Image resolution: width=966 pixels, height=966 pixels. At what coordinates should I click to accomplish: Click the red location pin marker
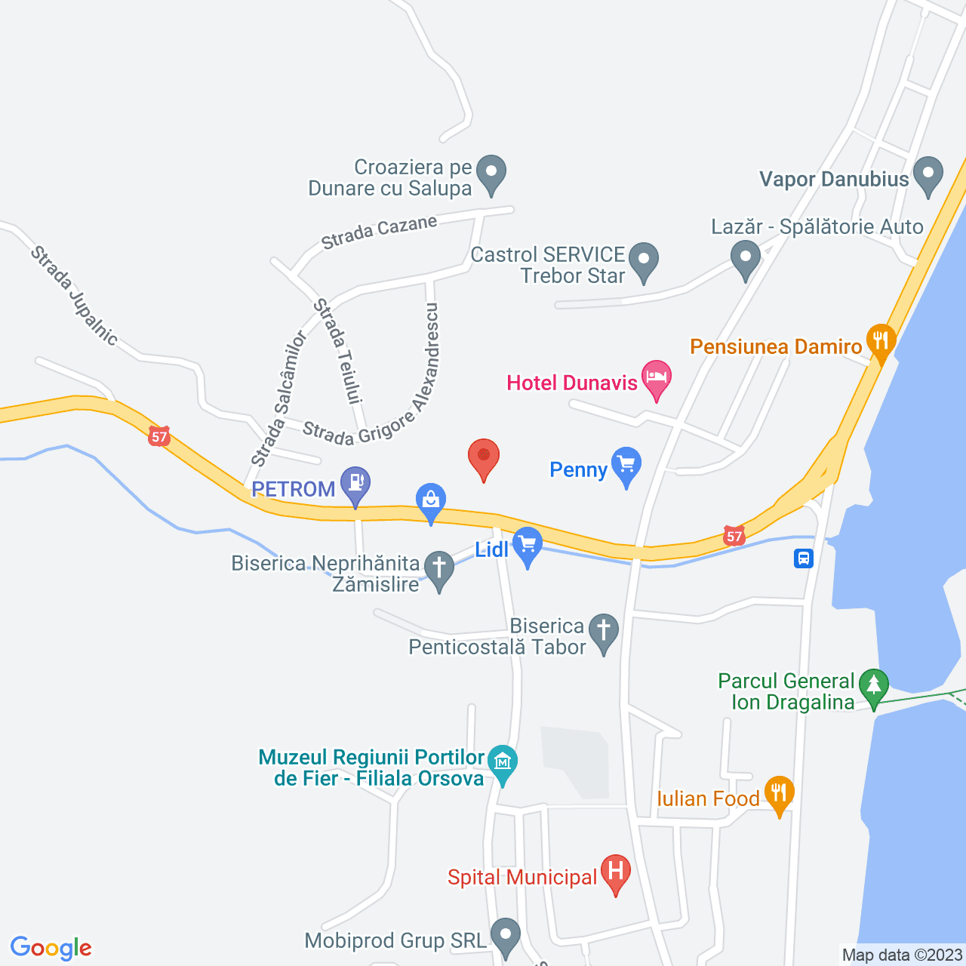pos(484,457)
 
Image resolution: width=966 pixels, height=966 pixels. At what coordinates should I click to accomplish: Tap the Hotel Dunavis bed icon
pos(657,377)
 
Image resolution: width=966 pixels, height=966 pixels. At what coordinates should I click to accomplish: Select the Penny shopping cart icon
pos(626,465)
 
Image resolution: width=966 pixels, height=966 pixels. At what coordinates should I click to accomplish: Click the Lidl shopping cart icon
pos(527,544)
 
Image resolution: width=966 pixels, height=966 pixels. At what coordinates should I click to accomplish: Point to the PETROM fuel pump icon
pos(355,485)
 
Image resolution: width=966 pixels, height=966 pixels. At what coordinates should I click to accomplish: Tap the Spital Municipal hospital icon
pos(615,872)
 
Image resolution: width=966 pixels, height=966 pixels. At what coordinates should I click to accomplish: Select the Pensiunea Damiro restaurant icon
pos(881,341)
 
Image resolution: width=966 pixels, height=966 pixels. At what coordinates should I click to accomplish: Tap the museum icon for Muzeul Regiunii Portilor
pos(502,762)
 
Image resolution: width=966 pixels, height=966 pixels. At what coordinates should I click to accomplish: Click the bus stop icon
pos(804,558)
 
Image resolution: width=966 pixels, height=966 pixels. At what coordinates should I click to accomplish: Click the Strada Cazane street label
pos(379,232)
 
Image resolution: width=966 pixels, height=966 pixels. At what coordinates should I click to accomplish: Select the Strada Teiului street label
pos(339,351)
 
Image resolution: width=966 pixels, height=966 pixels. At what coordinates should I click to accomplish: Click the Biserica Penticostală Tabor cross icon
pos(603,632)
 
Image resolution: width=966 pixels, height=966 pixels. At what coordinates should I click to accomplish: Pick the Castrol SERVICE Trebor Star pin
pos(643,260)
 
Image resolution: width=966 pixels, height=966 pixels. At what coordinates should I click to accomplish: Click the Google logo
pos(51,948)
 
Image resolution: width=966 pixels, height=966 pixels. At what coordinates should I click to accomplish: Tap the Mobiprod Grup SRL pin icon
pos(506,935)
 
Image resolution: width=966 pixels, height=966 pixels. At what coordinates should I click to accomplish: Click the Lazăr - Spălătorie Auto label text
pos(817,227)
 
